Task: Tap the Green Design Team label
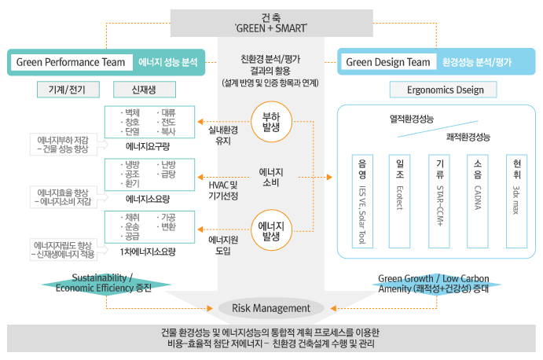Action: point(388,62)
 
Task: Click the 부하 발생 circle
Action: point(271,122)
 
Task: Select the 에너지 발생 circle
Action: point(271,230)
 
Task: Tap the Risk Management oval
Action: point(271,308)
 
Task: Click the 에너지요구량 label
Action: point(149,146)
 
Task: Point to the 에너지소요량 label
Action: point(149,199)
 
